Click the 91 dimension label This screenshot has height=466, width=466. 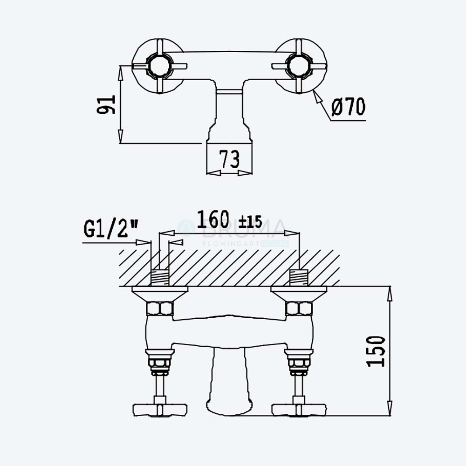106,104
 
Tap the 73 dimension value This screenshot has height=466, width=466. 229,159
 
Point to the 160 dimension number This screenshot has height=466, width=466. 213,219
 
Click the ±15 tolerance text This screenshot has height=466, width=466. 250,221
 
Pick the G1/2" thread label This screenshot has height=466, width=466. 111,229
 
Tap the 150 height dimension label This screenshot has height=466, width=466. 376,351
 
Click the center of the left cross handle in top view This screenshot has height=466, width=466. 159,66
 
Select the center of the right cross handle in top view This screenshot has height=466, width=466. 299,66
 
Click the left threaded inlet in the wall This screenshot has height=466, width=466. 160,278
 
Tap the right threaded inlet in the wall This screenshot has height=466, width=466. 299,278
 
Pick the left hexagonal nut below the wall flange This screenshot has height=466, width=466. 160,308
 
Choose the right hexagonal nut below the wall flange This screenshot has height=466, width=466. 299,308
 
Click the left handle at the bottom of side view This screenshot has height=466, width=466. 160,410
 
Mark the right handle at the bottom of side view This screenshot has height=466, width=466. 299,410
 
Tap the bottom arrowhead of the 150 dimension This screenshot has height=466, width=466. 390,409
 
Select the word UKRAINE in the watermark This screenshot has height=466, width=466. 274,244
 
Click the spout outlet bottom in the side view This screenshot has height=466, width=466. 229,408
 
